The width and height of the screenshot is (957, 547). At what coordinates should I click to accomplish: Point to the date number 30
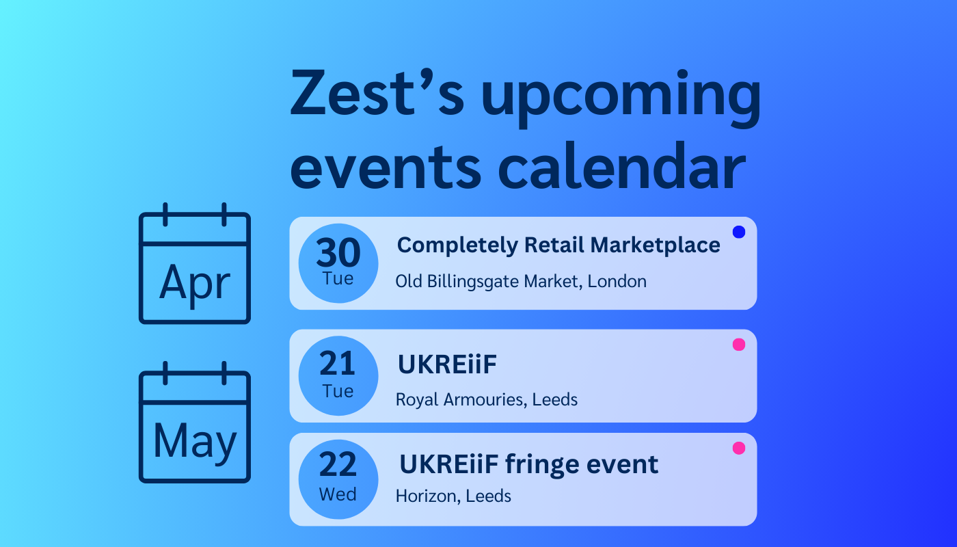[x=338, y=253]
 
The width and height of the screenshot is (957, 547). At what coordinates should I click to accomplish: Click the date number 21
[x=338, y=364]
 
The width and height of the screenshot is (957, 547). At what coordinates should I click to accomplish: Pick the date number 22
[x=338, y=466]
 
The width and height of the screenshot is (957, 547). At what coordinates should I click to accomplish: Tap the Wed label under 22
[x=338, y=494]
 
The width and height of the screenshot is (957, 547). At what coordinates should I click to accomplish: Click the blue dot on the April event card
[x=738, y=232]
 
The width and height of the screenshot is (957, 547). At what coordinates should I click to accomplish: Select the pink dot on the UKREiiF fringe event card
[x=738, y=449]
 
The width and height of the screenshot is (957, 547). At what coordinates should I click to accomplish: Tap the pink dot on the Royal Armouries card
[x=738, y=345]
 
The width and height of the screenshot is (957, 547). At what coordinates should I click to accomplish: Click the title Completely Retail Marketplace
[x=558, y=245]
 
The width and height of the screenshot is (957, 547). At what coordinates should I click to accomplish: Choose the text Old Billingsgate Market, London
[x=521, y=281]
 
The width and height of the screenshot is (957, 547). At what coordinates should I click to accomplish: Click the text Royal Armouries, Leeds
[x=487, y=399]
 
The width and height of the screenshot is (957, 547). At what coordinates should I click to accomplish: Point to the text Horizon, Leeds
[x=453, y=496]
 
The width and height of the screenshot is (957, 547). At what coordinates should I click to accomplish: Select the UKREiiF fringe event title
[x=528, y=465]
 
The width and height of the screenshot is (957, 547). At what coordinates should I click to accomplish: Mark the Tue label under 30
[x=338, y=278]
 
